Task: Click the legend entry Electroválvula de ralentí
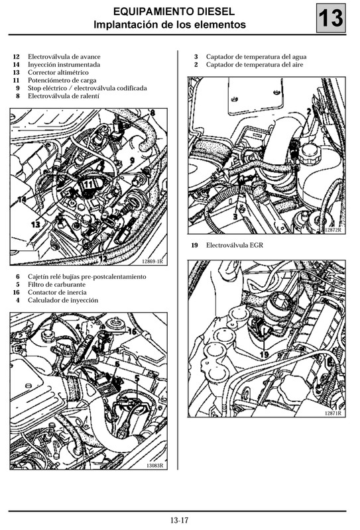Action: [x=63, y=96]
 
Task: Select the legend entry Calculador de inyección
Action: [x=63, y=300]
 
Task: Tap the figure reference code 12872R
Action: [x=332, y=230]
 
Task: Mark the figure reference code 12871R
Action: [x=332, y=413]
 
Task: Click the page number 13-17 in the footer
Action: [x=180, y=519]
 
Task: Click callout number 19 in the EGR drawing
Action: [x=265, y=355]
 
